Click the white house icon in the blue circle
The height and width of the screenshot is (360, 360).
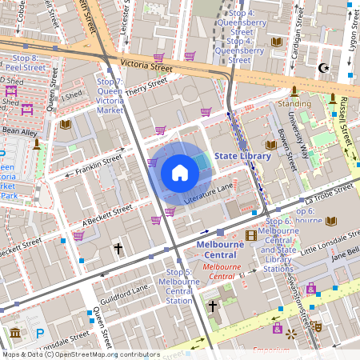[x=179, y=173]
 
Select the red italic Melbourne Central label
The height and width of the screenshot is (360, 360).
[x=225, y=265]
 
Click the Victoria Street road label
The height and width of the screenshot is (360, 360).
[x=146, y=63]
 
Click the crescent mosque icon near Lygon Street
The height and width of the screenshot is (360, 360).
[x=324, y=68]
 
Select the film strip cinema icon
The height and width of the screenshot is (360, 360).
[x=251, y=235]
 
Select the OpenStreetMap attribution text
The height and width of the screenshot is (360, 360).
[x=80, y=354]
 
